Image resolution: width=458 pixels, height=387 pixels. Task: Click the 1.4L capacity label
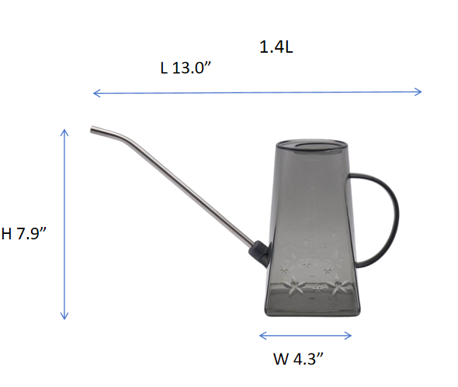coord(276,47)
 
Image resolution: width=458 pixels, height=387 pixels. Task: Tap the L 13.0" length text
coord(186,68)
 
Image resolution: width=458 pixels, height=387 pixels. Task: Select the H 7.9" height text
coord(23,233)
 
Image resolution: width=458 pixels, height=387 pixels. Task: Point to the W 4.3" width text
coord(298,358)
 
